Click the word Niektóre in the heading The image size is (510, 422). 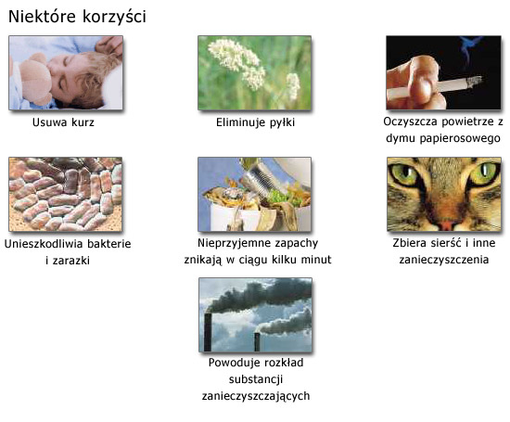[x=42, y=17]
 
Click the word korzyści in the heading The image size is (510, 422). [x=114, y=18]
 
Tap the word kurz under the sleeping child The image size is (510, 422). [x=83, y=122]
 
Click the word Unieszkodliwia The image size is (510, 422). [x=45, y=244]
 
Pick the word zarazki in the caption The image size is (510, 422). [x=70, y=261]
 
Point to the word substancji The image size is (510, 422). [x=256, y=379]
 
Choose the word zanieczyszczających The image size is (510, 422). [x=256, y=396]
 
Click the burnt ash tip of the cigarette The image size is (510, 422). [x=475, y=82]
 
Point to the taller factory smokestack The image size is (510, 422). [x=208, y=332]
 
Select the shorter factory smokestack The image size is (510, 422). [x=257, y=342]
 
